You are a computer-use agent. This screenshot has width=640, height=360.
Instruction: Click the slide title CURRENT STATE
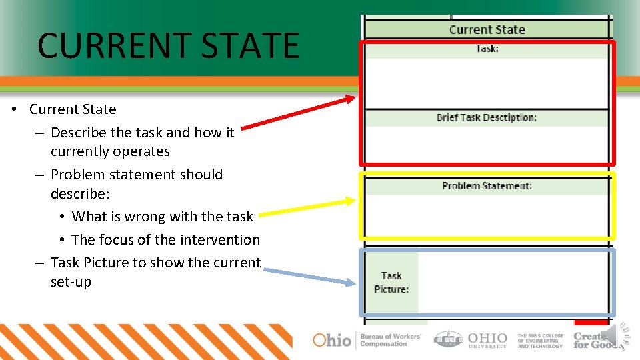(168, 45)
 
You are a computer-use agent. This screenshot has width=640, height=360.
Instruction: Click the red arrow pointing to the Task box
(298, 113)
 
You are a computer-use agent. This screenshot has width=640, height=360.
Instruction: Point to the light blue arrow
(309, 276)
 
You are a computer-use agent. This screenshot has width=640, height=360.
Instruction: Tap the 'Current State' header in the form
(487, 29)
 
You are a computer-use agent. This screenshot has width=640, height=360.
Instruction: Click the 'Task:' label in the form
(487, 49)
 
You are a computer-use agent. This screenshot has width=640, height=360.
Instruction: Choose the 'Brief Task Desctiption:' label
(487, 118)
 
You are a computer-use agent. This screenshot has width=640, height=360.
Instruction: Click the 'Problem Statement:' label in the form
(487, 186)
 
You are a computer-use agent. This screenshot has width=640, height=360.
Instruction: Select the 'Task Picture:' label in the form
(391, 282)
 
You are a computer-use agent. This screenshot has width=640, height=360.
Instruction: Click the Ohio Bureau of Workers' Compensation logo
(367, 340)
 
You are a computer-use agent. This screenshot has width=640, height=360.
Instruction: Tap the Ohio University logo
(471, 339)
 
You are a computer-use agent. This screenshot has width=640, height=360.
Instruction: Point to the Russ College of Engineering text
(540, 341)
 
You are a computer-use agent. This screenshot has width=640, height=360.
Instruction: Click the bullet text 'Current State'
(73, 109)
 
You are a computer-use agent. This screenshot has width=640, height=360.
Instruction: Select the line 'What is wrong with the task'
(162, 217)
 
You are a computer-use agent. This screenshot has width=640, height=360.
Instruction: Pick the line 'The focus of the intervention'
(165, 240)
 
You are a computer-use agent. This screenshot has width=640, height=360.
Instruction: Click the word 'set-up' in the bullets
(71, 282)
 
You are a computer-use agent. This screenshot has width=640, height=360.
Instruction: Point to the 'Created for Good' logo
(591, 340)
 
